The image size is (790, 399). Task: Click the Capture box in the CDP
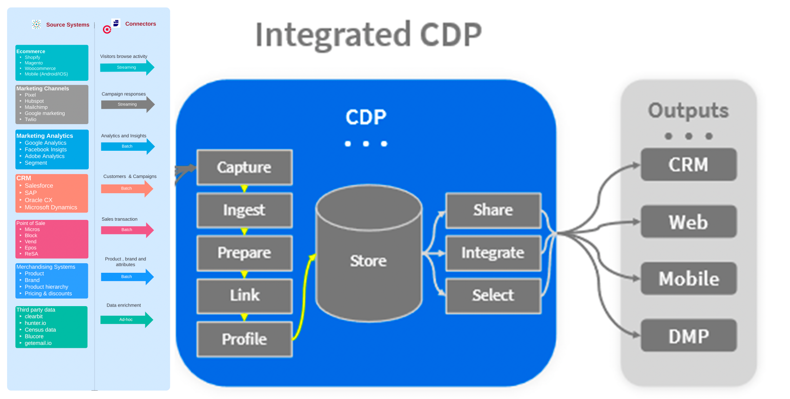click(244, 167)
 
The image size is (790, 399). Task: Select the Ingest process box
click(244, 210)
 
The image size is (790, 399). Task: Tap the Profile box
click(244, 339)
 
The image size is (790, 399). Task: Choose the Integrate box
click(493, 253)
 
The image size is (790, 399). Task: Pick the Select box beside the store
click(493, 295)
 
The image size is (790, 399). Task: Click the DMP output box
click(688, 336)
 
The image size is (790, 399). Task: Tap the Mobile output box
click(688, 278)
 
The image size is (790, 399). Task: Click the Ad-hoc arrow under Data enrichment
click(127, 320)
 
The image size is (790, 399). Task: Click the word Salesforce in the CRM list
click(39, 186)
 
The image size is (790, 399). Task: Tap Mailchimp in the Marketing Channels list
click(36, 107)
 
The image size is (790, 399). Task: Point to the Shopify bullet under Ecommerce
click(32, 57)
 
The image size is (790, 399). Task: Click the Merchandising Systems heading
click(46, 267)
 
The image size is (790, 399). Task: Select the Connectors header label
click(140, 24)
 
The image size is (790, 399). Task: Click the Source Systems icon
click(37, 25)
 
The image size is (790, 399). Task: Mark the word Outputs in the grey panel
click(688, 111)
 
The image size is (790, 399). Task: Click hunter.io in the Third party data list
click(35, 323)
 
